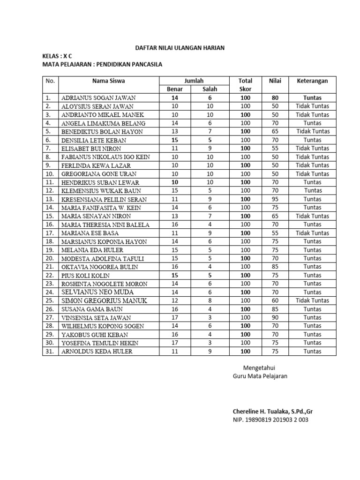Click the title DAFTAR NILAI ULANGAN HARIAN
click(180, 48)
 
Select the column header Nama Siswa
click(108, 81)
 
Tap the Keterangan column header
click(313, 81)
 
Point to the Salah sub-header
click(210, 89)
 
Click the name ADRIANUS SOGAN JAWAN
click(98, 98)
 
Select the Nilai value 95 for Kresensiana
click(275, 199)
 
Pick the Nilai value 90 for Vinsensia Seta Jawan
click(275, 317)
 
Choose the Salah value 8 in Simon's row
click(210, 300)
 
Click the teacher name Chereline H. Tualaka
click(272, 411)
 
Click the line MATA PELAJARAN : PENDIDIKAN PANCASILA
click(102, 64)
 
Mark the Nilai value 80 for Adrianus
click(275, 98)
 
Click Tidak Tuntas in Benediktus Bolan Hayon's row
click(313, 132)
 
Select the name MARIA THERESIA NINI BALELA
click(105, 225)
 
